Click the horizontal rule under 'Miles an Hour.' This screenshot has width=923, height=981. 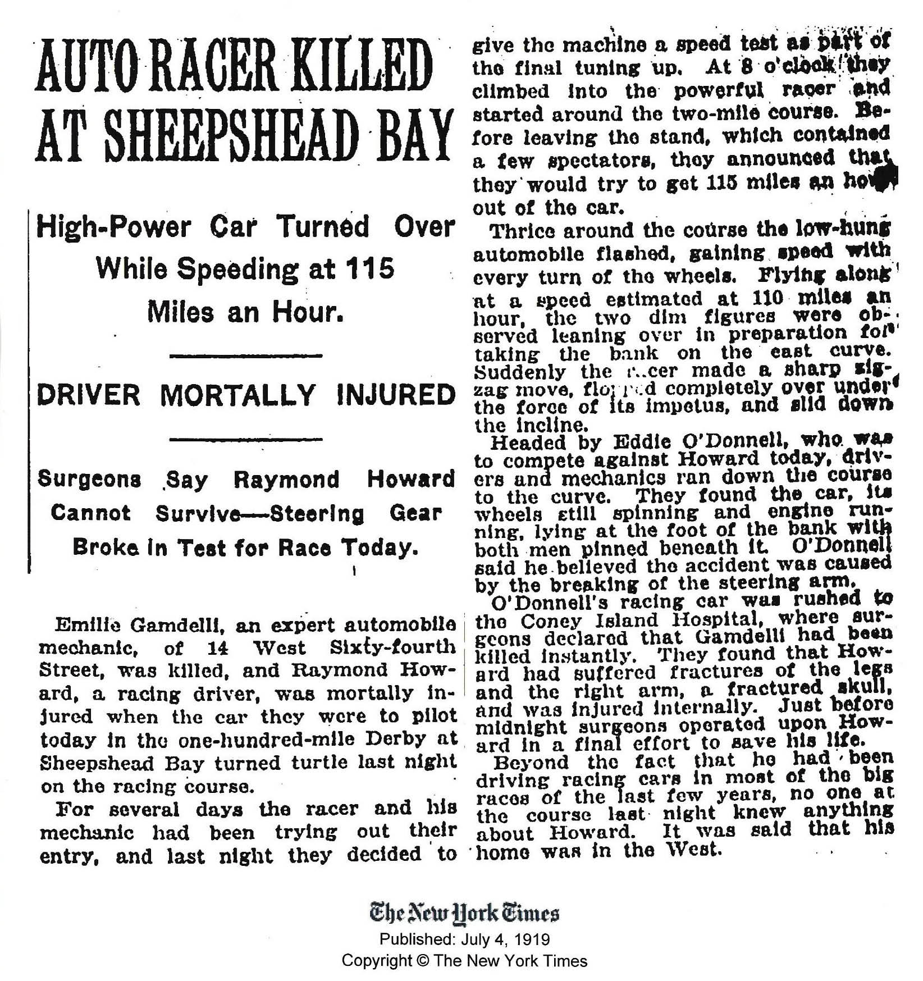[245, 356]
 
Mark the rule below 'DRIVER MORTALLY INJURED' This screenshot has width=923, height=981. [245, 438]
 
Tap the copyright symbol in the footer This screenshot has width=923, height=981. [421, 961]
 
